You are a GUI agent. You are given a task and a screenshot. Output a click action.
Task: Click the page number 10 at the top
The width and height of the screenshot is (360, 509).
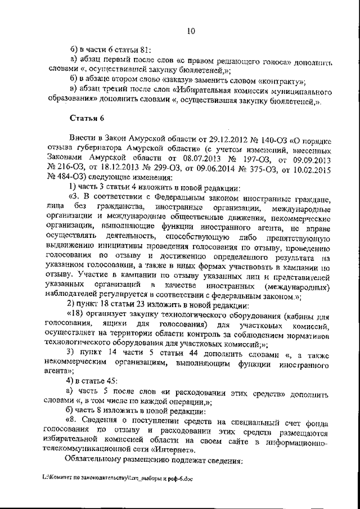(x=191, y=32)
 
